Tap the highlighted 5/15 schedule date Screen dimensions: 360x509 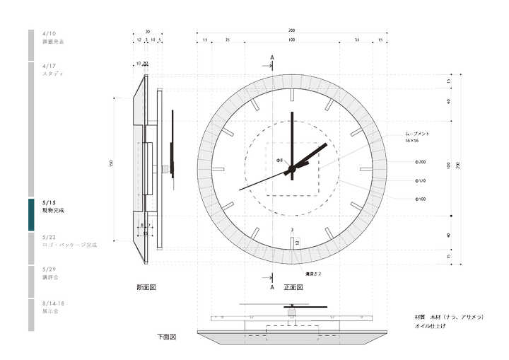click(x=49, y=203)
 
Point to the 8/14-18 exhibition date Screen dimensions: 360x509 click(x=54, y=303)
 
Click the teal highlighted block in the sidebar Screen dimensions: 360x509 click(x=31, y=214)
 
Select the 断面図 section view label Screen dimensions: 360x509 click(x=146, y=288)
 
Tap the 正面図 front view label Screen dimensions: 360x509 click(x=293, y=288)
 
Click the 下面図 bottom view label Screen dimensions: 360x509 click(x=166, y=337)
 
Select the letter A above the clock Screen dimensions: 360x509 click(x=272, y=57)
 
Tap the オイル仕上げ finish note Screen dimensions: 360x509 click(x=433, y=327)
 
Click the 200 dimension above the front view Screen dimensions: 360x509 click(x=291, y=30)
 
